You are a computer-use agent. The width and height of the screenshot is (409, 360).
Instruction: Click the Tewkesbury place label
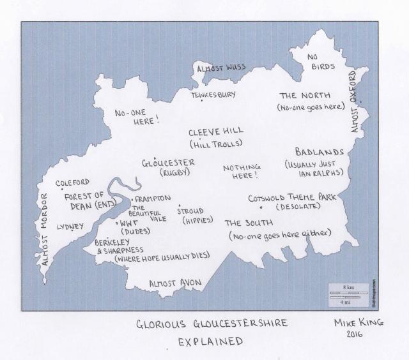(213, 95)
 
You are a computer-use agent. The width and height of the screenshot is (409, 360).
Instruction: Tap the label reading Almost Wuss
(221, 68)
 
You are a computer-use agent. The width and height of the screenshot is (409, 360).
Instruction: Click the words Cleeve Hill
(215, 131)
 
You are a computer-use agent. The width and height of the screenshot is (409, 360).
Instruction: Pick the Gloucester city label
(168, 163)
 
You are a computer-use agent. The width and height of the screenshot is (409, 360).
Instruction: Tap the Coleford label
(72, 183)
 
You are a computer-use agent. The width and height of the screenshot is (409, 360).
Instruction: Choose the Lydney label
(70, 227)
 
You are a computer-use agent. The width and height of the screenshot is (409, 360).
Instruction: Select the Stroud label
(190, 211)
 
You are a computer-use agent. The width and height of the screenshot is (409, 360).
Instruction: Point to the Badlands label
(320, 152)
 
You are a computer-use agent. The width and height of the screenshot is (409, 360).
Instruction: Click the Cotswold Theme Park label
(292, 197)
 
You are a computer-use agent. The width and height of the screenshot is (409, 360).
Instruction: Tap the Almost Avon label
(175, 282)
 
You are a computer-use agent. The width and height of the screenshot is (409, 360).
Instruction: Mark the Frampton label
(153, 199)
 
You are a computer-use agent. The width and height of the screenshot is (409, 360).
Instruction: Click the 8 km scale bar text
(348, 288)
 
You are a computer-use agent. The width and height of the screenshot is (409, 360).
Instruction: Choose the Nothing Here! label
(241, 171)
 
